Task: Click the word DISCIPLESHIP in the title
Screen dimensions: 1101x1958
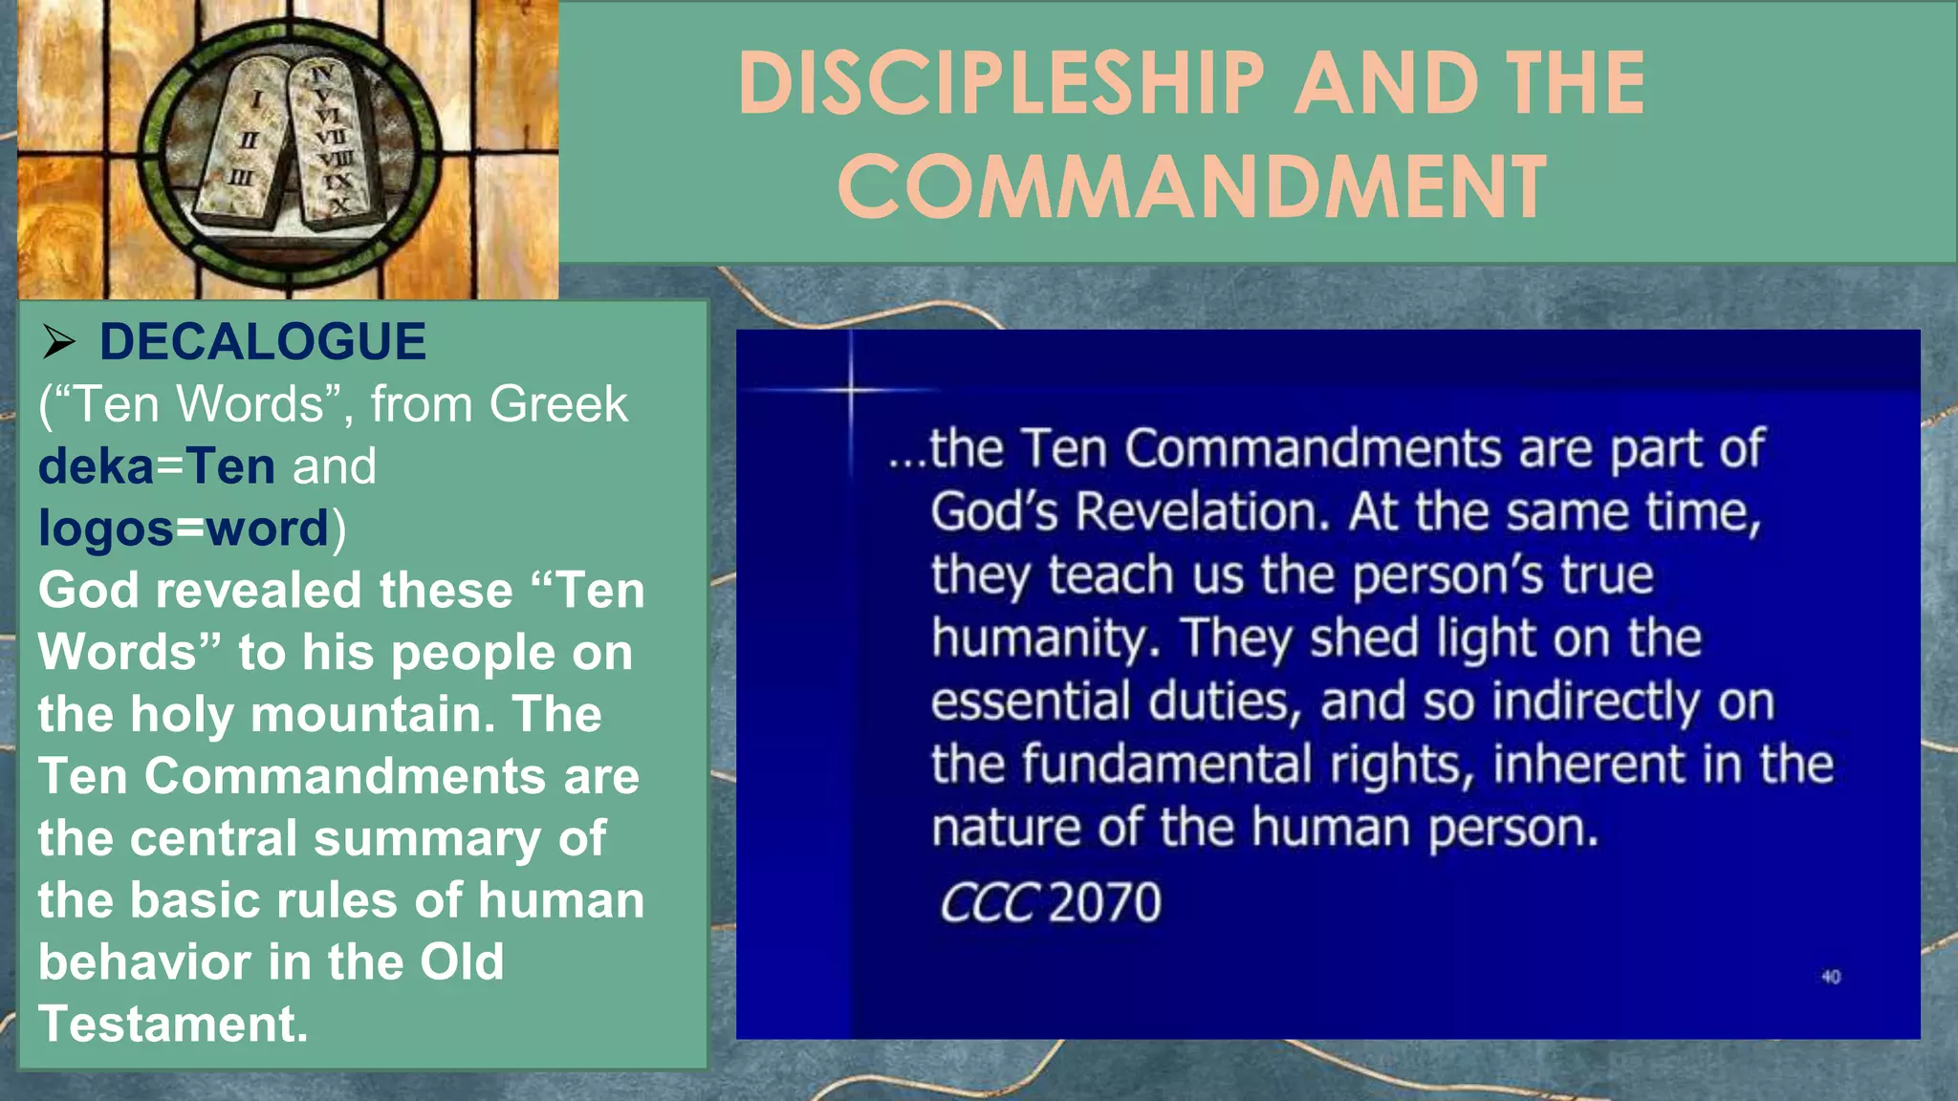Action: [x=1001, y=83]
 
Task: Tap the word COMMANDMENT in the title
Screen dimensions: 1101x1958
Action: [x=1191, y=186]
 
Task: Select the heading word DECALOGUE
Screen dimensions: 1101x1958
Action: [x=263, y=342]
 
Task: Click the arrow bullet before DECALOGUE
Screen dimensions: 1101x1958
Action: [x=58, y=342]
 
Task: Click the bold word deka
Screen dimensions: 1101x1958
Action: [x=96, y=466]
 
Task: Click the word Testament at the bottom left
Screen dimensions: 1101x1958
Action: [x=172, y=1024]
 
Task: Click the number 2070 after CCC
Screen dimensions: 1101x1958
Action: [x=1104, y=902]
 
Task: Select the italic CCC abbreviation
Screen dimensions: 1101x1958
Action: [x=988, y=902]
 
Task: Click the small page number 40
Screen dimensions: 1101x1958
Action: [x=1830, y=977]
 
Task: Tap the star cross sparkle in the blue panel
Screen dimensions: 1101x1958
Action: [x=850, y=389]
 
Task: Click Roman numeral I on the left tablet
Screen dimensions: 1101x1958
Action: [x=256, y=97]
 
